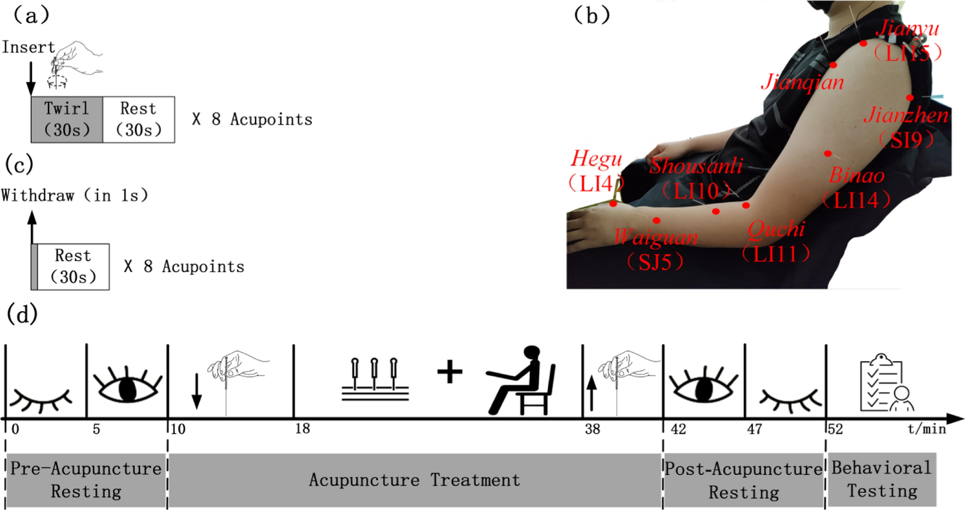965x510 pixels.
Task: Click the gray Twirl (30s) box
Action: tap(67, 119)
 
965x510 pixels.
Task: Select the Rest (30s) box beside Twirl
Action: tap(138, 119)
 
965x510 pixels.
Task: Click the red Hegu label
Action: tap(596, 159)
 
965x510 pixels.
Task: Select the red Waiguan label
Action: tap(655, 238)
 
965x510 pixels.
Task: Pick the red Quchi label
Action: tap(776, 229)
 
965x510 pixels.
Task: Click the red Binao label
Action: tap(857, 175)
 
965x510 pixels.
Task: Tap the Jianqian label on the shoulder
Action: tap(802, 82)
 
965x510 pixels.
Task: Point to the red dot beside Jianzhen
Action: tap(910, 98)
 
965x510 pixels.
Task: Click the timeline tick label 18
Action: tap(303, 429)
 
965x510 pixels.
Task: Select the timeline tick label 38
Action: tap(592, 429)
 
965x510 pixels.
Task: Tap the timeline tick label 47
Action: tap(754, 429)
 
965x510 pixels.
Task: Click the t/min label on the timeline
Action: tap(926, 429)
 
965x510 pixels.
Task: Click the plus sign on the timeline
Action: tap(450, 373)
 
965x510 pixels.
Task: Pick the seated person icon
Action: tap(521, 380)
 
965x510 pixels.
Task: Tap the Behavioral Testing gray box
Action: tap(882, 479)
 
